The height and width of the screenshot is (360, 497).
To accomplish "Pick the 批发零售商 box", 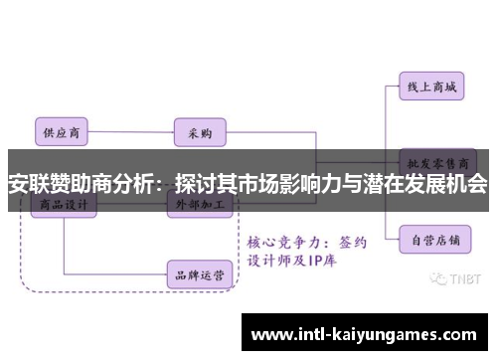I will [x=436, y=161].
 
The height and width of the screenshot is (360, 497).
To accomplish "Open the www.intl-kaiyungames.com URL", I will [x=367, y=332].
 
